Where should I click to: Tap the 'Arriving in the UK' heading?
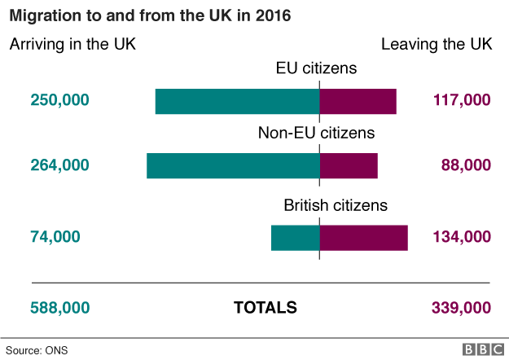72,44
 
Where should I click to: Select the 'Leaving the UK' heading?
436,44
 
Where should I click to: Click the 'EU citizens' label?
317,68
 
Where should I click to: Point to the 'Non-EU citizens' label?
316,133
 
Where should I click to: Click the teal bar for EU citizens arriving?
237,101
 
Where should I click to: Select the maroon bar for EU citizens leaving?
358,101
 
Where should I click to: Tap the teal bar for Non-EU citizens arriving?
233,165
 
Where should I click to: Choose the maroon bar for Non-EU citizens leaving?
349,165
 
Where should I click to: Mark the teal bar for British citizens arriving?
295,237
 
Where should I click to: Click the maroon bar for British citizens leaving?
363,237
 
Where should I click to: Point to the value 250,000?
59,100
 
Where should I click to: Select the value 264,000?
59,165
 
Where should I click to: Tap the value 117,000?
459,100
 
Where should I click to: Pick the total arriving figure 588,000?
59,308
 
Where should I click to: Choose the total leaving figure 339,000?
459,308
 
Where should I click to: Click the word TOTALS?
265,308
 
